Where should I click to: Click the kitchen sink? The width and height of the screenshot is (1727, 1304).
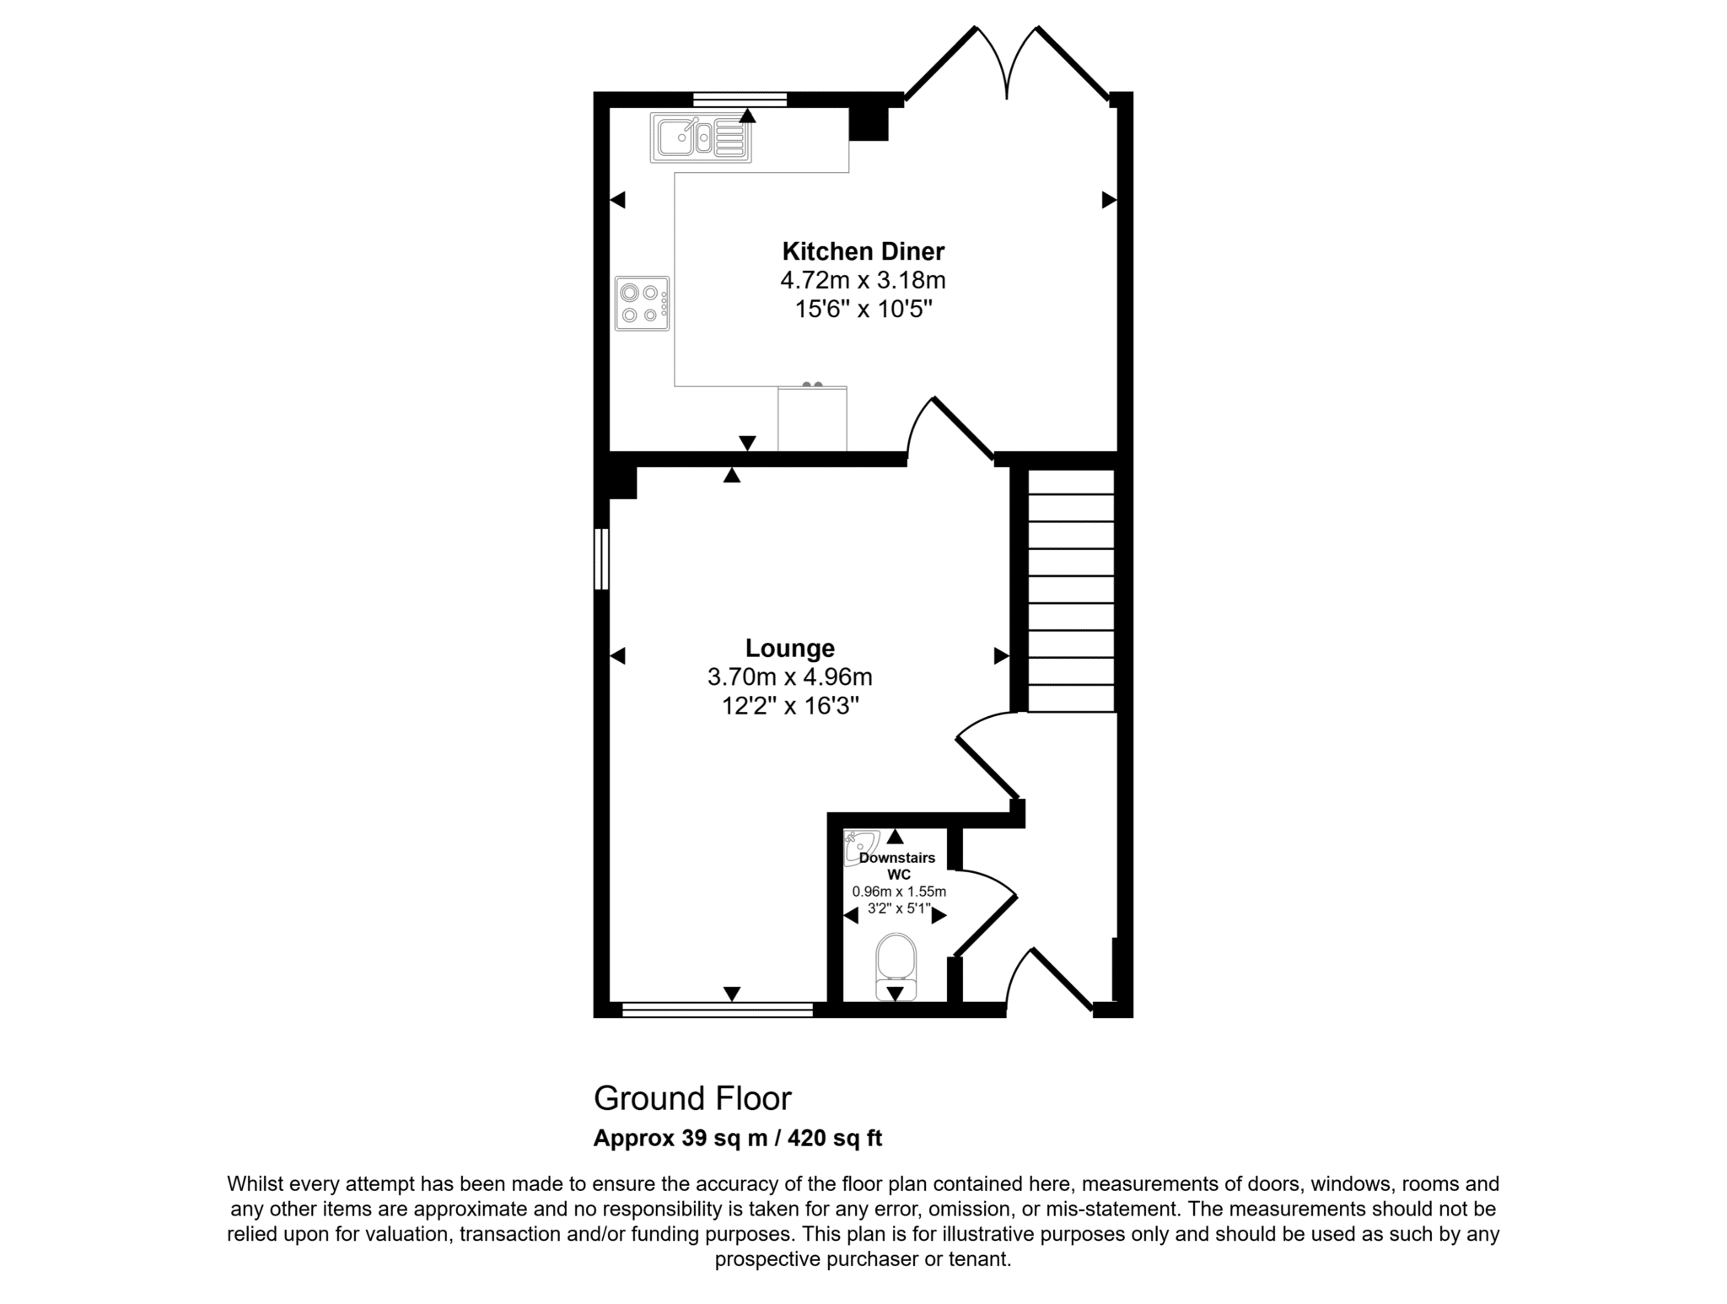[701, 137]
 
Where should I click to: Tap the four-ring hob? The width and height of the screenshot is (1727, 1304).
[643, 304]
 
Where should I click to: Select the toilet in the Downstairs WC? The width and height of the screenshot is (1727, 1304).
[896, 966]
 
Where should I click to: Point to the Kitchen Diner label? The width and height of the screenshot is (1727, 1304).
[863, 251]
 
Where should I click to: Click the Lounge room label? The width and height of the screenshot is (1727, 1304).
[790, 648]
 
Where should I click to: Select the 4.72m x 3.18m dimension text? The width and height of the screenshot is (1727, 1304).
[863, 280]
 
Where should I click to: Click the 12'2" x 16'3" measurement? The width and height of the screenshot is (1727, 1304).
[790, 705]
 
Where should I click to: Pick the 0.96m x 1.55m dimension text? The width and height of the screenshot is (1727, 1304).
[899, 892]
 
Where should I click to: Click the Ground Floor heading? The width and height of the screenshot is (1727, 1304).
[692, 1098]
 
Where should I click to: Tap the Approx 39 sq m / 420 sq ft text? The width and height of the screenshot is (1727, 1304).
[738, 1139]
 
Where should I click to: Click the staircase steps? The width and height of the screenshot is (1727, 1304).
[1071, 590]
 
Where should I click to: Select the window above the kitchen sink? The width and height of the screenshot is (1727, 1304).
[740, 99]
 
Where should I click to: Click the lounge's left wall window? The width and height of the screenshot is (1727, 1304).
[601, 559]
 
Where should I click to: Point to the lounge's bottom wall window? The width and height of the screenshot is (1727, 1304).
[718, 1010]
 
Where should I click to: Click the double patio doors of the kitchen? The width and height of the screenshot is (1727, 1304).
[1007, 62]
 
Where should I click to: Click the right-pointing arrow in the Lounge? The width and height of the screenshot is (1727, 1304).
[1002, 655]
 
